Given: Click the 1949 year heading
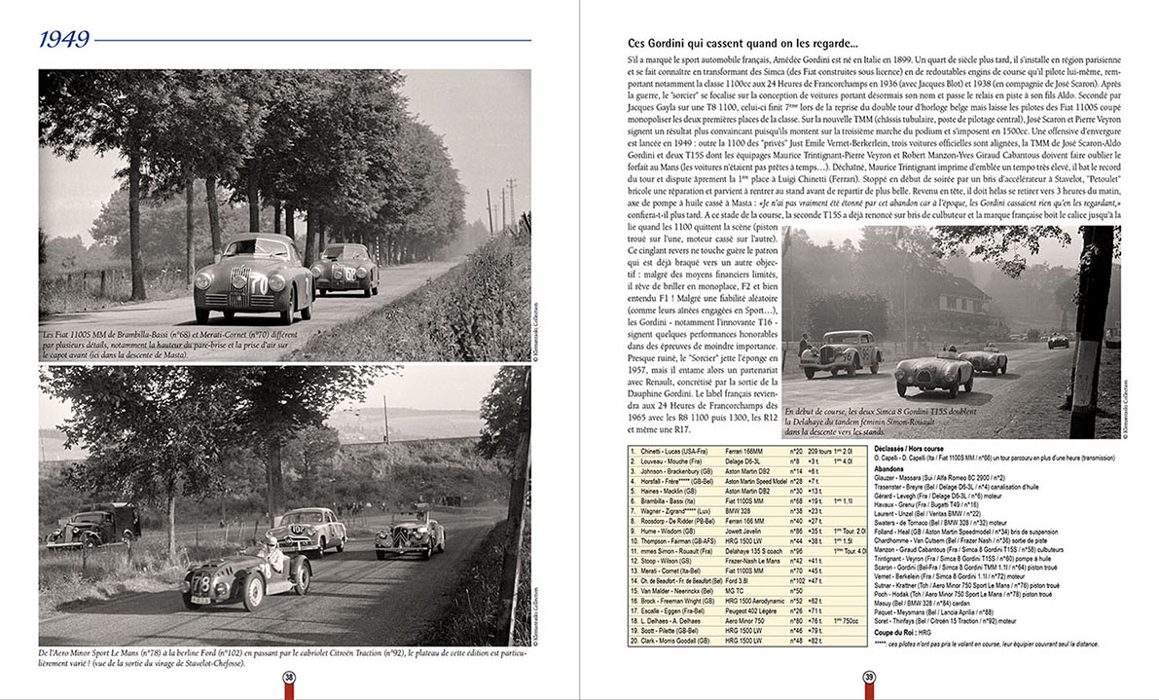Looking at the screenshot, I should pyautogui.click(x=65, y=40).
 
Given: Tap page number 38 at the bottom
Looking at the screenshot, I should pyautogui.click(x=289, y=679).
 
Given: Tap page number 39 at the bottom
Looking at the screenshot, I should pyautogui.click(x=869, y=679).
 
